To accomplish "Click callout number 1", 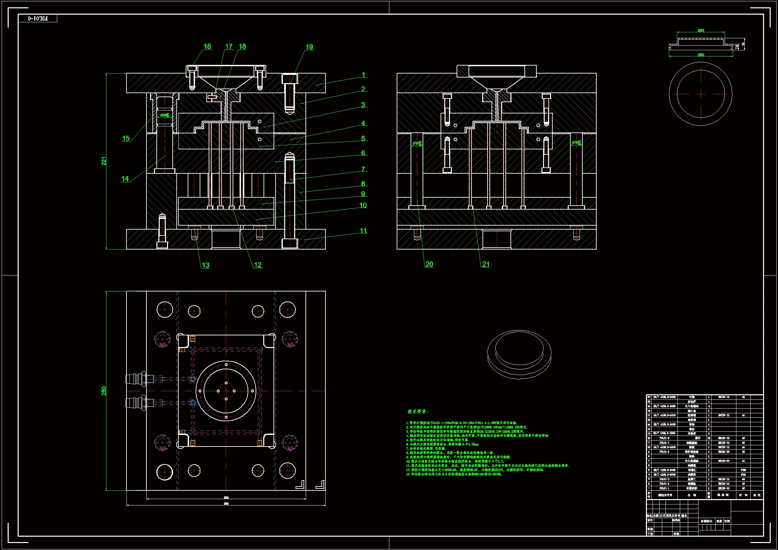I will [x=363, y=75].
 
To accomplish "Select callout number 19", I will [x=309, y=47].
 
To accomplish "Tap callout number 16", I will [x=207, y=47].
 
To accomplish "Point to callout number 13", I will [x=205, y=265].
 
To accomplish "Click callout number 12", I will [x=258, y=265].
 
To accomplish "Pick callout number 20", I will [x=429, y=264].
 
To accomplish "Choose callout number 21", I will [x=486, y=264].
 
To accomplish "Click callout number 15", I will [x=126, y=138].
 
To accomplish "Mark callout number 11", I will [x=363, y=231].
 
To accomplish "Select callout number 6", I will [x=363, y=153].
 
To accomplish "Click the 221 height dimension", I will [x=104, y=161].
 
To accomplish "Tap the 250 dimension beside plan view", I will [x=104, y=390].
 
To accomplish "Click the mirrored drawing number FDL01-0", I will [x=38, y=18].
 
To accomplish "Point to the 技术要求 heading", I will [x=418, y=411].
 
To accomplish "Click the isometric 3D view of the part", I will [x=519, y=354].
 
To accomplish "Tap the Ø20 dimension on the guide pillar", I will [x=164, y=115].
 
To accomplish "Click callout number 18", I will [x=242, y=47].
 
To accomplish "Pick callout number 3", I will [x=363, y=105].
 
